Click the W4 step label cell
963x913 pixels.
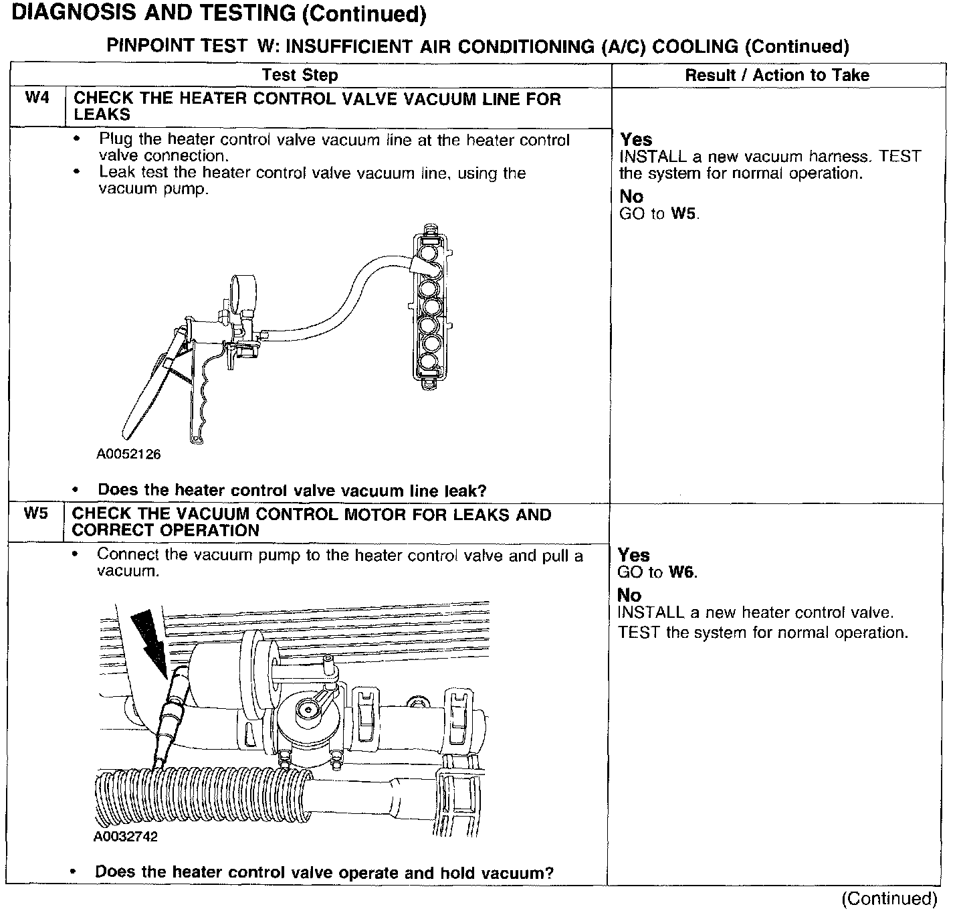(37, 98)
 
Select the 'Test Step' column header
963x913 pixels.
(300, 75)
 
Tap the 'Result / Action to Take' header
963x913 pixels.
(777, 75)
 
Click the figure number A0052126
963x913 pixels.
(128, 454)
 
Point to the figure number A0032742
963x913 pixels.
(126, 837)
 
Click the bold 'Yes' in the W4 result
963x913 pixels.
(636, 139)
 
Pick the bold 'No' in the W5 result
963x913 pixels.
(629, 594)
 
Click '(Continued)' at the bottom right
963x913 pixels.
(889, 898)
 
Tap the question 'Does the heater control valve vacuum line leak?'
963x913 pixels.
(292, 490)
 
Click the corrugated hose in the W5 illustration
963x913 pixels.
(201, 797)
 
